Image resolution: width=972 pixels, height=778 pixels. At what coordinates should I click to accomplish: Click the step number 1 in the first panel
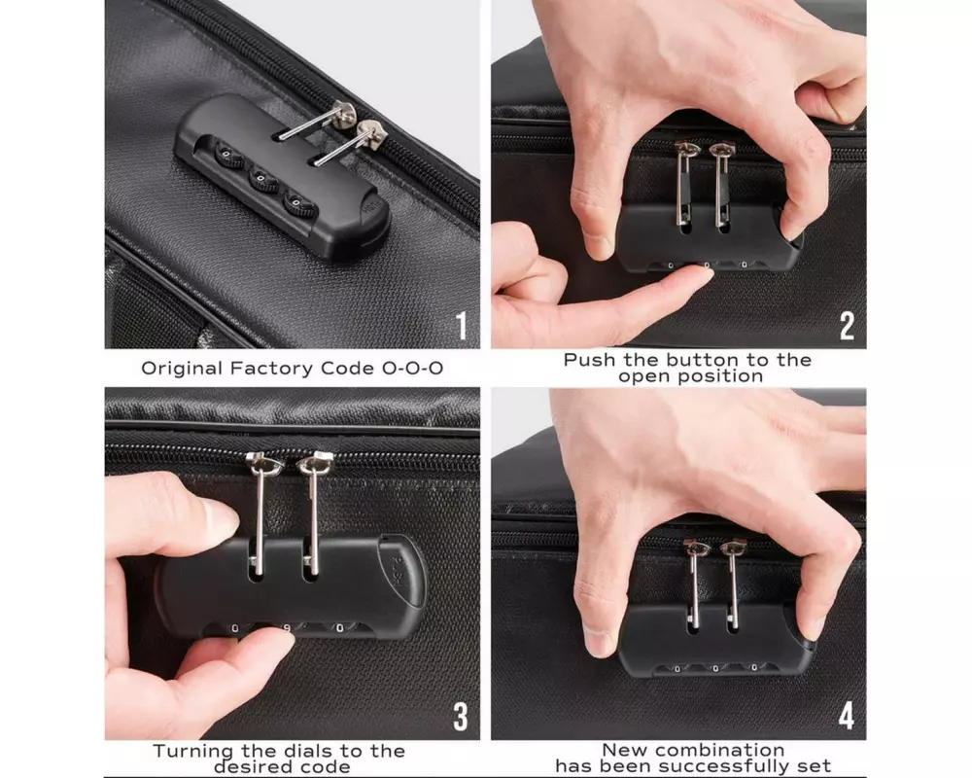point(462,326)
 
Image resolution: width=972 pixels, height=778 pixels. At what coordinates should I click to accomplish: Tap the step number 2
point(848,326)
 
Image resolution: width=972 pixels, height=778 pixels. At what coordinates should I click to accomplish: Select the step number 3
point(461,717)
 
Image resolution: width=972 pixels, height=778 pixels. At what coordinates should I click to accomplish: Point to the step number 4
point(847,716)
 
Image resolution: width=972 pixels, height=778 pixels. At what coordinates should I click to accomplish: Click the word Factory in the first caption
point(271,369)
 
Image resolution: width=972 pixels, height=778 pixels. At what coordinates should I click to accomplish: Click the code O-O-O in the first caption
point(413,369)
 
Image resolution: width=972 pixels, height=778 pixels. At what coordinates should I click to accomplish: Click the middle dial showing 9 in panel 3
point(287,628)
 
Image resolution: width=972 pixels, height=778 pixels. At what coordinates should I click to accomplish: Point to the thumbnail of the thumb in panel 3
point(220,515)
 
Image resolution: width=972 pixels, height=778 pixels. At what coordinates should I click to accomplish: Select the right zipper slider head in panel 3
point(316,462)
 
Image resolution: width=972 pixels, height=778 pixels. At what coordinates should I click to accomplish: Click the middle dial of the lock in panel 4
point(715,668)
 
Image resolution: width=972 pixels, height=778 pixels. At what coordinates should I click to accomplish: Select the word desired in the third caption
point(247,767)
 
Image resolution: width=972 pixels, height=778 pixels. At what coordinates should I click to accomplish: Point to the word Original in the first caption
point(183,369)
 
